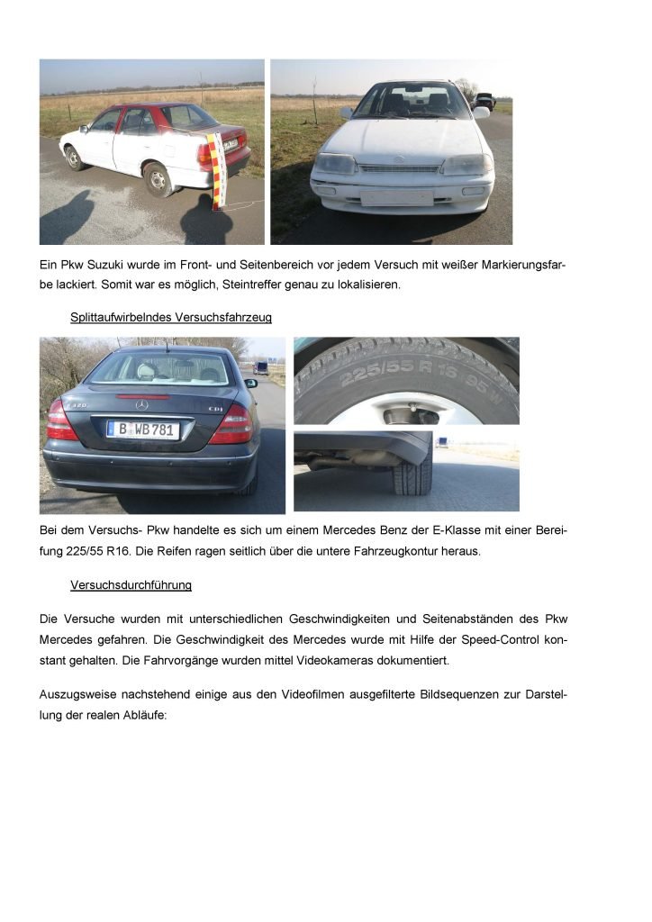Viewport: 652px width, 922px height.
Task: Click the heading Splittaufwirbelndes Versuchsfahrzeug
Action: click(x=171, y=318)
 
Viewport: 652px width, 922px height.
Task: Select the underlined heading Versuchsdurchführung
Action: click(x=131, y=585)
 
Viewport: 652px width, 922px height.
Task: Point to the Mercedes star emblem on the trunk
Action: click(x=140, y=405)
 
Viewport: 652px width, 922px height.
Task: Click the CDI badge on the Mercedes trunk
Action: click(x=215, y=409)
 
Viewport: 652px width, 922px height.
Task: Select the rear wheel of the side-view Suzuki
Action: click(x=158, y=178)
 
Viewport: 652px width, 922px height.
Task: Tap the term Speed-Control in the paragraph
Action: click(x=501, y=638)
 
